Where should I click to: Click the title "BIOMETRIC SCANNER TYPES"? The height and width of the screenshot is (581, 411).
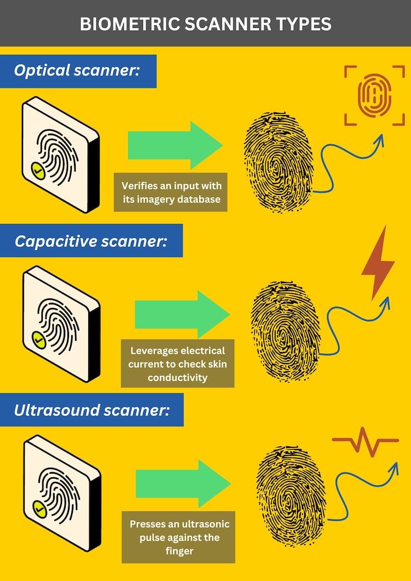[x=206, y=24]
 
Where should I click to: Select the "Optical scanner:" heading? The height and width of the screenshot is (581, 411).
[x=76, y=71]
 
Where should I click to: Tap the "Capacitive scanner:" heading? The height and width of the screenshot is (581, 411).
[x=91, y=241]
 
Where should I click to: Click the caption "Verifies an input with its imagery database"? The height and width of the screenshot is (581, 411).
[x=171, y=192]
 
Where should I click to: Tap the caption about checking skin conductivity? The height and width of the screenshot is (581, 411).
[x=178, y=364]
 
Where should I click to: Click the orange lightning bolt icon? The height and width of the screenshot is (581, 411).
[x=378, y=263]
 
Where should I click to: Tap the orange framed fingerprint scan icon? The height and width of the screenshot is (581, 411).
[x=374, y=96]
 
